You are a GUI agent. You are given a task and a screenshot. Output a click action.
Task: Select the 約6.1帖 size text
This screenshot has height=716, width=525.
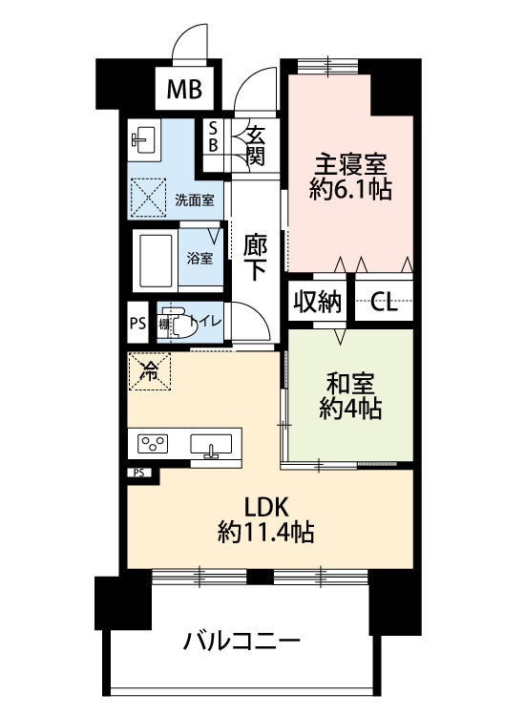[350, 188]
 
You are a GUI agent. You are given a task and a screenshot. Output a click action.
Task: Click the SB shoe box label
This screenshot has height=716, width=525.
[213, 137]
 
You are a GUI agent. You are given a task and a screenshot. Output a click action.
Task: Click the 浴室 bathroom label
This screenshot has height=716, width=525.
[199, 258]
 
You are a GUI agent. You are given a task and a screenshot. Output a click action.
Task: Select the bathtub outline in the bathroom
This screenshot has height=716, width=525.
[155, 258]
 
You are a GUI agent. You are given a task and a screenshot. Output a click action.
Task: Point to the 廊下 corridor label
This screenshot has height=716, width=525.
[255, 257]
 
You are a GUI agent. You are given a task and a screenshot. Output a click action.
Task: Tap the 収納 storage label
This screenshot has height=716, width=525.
[317, 303]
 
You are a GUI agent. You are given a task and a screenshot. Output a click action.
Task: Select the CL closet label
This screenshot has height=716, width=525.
[385, 304]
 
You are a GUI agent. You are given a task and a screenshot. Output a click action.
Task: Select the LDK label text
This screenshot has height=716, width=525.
[266, 505]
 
